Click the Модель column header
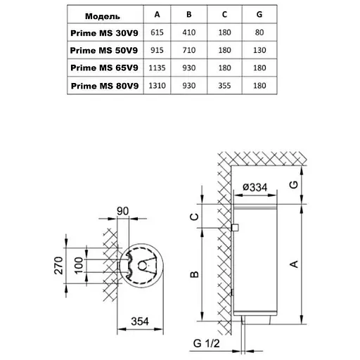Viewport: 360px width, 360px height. (103, 16)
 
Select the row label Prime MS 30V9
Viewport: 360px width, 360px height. (104, 33)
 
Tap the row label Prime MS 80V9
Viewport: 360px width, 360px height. (105, 86)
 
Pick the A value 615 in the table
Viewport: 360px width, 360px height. (157, 32)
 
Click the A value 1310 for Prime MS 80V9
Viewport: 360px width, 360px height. (157, 86)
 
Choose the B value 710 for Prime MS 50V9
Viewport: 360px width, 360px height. (189, 50)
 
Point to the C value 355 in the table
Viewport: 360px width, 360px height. (224, 86)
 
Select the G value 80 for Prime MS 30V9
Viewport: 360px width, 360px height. (259, 32)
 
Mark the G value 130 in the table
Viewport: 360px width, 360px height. (259, 50)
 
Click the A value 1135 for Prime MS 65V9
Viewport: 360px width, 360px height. (157, 68)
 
